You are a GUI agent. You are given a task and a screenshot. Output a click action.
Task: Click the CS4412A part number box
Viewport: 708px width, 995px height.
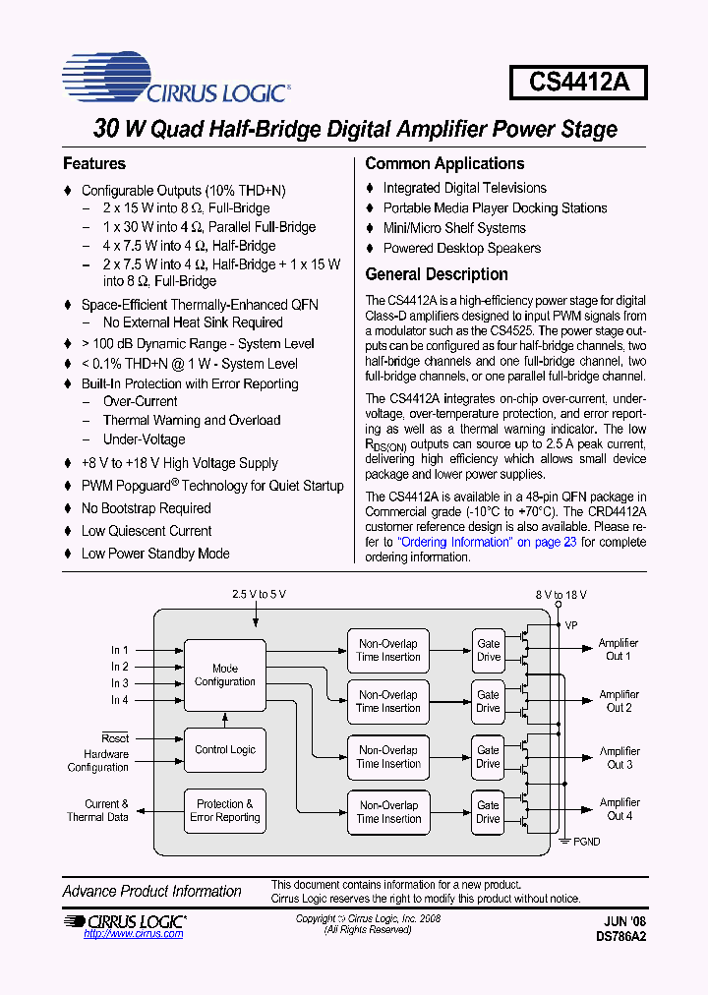pos(578,82)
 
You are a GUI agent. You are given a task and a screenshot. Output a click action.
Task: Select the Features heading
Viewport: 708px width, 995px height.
pos(94,164)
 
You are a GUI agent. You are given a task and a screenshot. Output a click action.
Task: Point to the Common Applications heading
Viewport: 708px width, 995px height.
pos(444,164)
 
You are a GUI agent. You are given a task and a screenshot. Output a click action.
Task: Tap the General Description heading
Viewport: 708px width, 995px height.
pos(437,274)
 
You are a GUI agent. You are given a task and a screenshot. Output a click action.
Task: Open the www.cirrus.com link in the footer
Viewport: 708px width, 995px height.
pos(134,934)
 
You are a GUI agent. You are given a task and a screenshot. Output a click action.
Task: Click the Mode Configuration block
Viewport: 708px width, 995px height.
pos(225,675)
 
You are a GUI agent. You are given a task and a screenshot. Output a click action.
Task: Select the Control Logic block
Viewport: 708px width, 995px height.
pos(225,749)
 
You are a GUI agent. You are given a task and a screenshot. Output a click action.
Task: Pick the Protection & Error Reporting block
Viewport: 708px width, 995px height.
pos(225,810)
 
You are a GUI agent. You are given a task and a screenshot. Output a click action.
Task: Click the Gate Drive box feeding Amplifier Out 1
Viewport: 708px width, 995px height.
pos(488,651)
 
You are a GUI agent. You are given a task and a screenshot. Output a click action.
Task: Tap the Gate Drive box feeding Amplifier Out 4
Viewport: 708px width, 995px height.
pos(488,812)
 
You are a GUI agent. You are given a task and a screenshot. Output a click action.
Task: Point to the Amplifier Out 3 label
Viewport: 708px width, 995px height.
pos(619,758)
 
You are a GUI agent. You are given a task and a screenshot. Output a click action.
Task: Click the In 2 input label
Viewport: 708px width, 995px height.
pos(120,667)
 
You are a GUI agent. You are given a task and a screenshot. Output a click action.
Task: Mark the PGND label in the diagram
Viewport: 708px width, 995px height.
pos(586,842)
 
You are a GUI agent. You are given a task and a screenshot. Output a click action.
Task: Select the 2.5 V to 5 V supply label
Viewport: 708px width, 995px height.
pos(259,595)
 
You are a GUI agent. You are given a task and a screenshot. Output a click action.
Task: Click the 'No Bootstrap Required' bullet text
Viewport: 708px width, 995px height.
pos(146,508)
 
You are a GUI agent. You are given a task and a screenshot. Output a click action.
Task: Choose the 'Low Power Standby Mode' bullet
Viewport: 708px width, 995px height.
pos(155,554)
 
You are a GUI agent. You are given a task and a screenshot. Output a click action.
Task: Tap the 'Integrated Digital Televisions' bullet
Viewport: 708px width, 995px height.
pos(464,188)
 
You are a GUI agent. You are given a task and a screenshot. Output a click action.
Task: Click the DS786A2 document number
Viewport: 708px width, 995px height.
pos(620,937)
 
